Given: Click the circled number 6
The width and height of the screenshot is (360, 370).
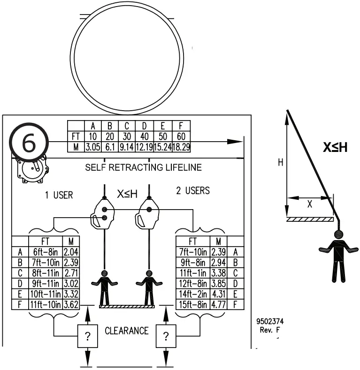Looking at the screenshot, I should (x=29, y=143).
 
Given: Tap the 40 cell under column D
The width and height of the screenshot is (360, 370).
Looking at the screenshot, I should (x=145, y=136).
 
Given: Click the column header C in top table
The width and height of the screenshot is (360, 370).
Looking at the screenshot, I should (x=127, y=126).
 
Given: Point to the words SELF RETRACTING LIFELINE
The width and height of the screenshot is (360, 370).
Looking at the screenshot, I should (x=144, y=167).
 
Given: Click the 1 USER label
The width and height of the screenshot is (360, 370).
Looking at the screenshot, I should (x=59, y=195).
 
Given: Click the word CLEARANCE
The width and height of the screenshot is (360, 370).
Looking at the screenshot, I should (x=126, y=331).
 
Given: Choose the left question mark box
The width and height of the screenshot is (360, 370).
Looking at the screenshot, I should (x=87, y=336).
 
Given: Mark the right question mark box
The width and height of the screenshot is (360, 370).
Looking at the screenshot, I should (x=165, y=336).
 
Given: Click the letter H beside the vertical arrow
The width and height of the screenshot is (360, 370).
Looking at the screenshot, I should (x=281, y=162).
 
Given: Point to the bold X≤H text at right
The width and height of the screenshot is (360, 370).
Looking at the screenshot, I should (x=335, y=148).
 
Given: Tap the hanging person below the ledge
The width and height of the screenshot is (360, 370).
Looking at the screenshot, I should (x=338, y=255).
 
